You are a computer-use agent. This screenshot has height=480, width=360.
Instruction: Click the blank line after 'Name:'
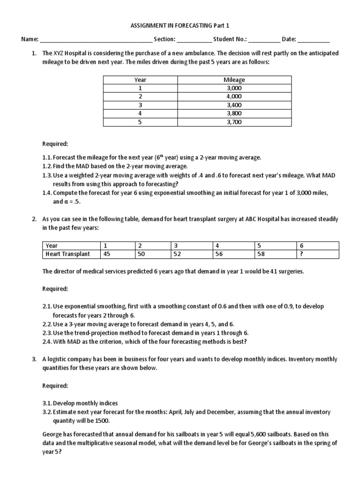[x=96, y=40]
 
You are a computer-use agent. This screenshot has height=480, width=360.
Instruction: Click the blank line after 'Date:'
[x=314, y=40]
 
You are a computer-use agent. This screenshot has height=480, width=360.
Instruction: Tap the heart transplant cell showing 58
[x=259, y=254]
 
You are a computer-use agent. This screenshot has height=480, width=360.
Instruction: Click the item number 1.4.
[x=47, y=193]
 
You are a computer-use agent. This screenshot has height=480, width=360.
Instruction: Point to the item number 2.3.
[x=47, y=333]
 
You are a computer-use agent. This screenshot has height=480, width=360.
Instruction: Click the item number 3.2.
[x=47, y=412]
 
